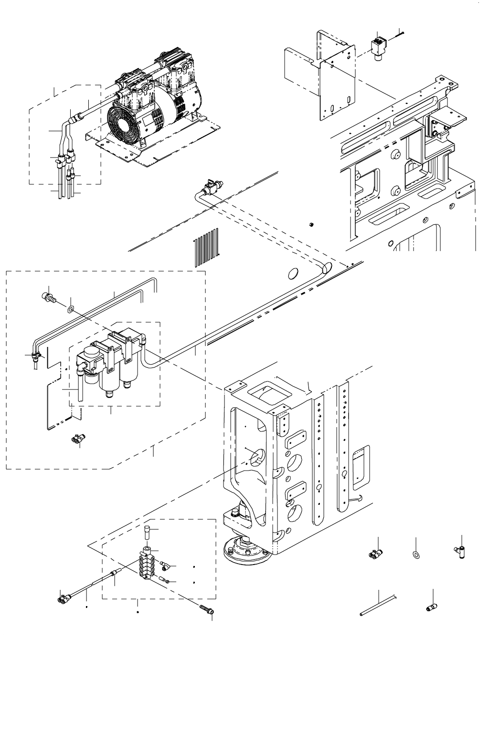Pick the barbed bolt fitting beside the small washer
click(x=48, y=298)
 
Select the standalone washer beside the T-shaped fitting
click(x=416, y=555)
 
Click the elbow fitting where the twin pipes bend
click(x=35, y=355)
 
